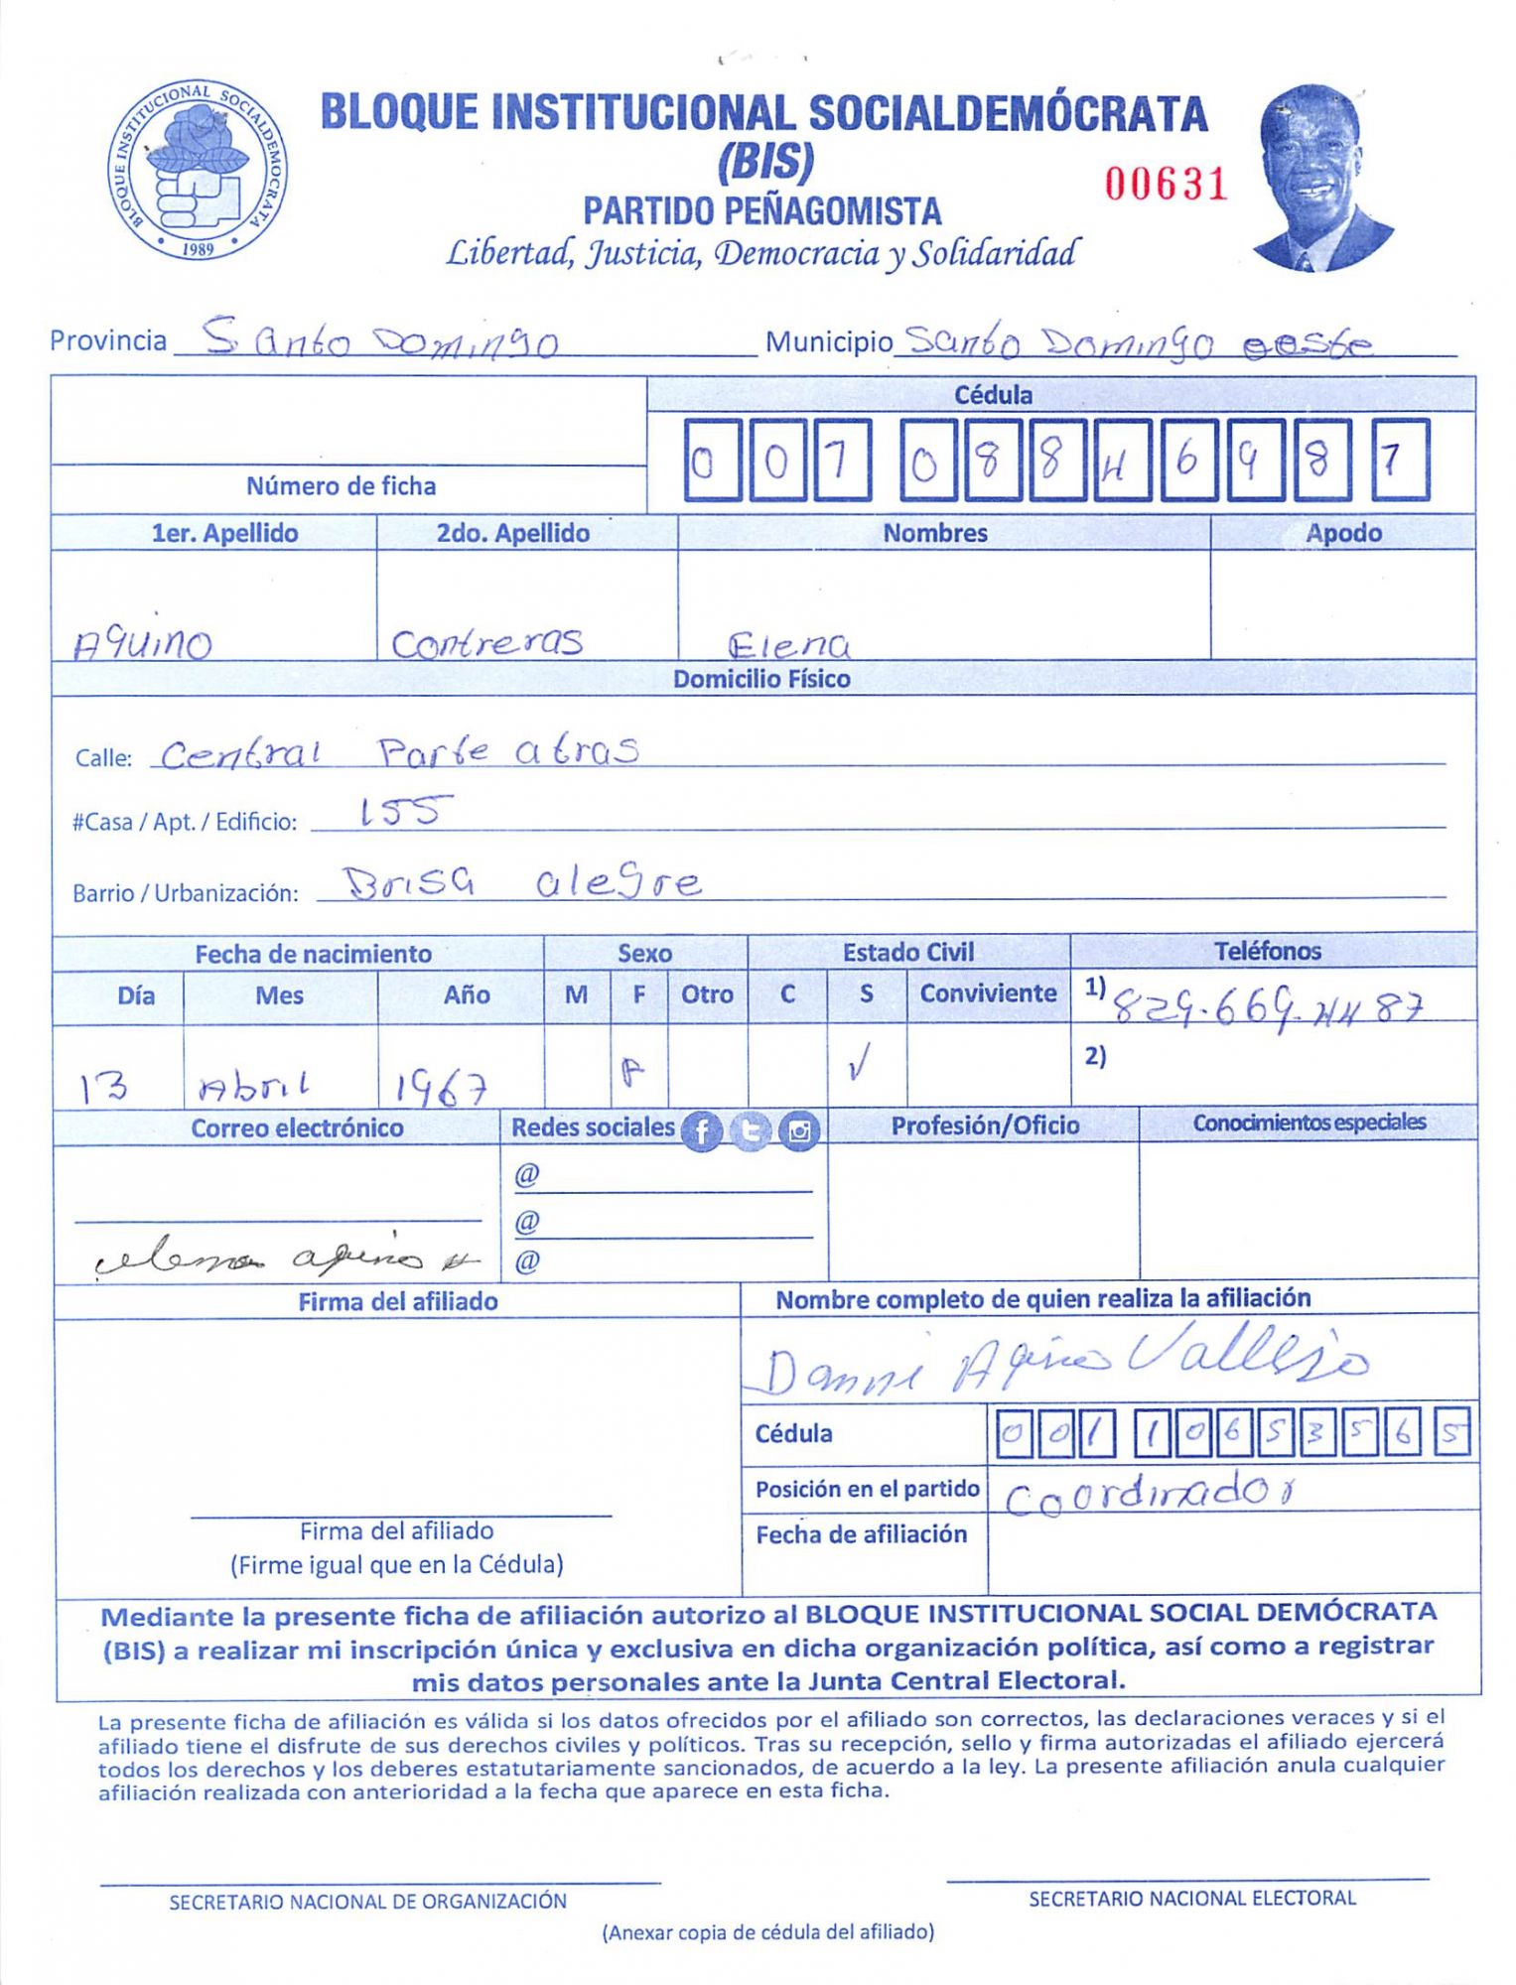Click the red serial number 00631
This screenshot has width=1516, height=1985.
pyautogui.click(x=1167, y=184)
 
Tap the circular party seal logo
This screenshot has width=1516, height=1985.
pyautogui.click(x=198, y=172)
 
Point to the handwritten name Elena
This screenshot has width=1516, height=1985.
pyautogui.click(x=788, y=645)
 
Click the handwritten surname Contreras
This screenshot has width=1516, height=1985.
pyautogui.click(x=486, y=642)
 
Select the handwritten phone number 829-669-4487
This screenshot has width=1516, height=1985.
pyautogui.click(x=1269, y=1006)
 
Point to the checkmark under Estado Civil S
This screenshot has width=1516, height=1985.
pyautogui.click(x=860, y=1065)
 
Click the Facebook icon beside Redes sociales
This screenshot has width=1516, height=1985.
pyautogui.click(x=702, y=1130)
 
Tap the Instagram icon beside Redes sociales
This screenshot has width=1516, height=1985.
pyautogui.click(x=799, y=1130)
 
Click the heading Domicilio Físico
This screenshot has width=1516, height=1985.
pyautogui.click(x=761, y=679)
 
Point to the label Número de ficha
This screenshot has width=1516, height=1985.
pyautogui.click(x=341, y=486)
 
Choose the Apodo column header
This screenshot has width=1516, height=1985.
pyautogui.click(x=1343, y=533)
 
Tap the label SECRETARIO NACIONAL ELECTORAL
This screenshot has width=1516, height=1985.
pyautogui.click(x=1191, y=1898)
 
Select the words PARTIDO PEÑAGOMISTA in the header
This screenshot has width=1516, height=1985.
pyautogui.click(x=761, y=211)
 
